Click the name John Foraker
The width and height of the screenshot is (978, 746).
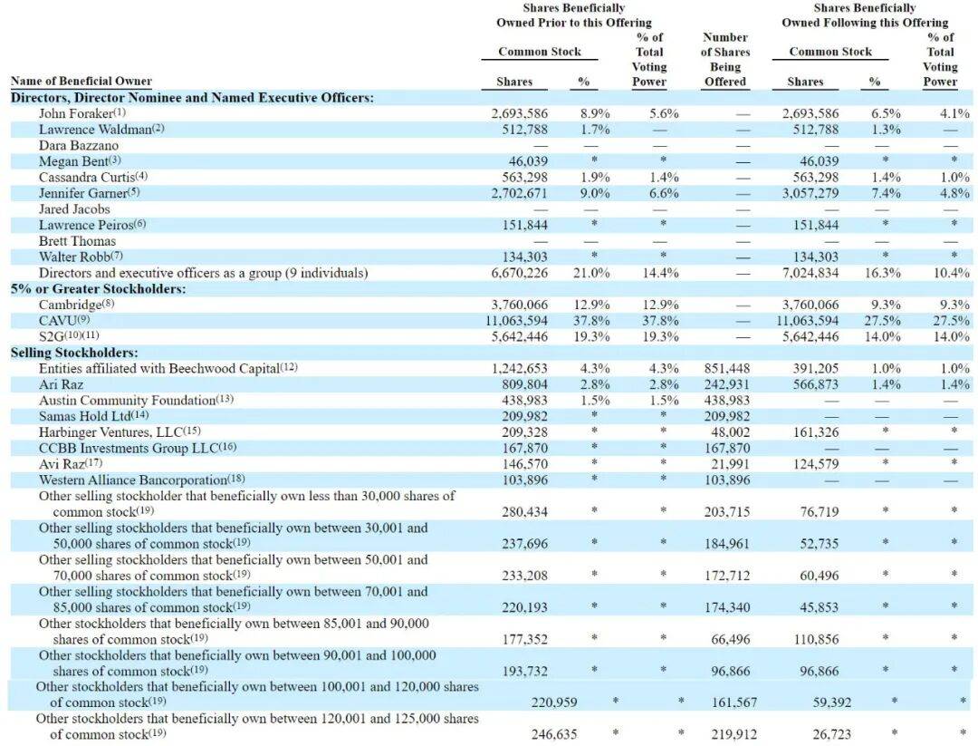pyautogui.click(x=75, y=113)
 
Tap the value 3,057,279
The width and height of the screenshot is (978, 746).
pyautogui.click(x=810, y=193)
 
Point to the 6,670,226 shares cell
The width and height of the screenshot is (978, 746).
pyautogui.click(x=520, y=273)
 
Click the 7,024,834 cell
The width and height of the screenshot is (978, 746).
pyautogui.click(x=810, y=273)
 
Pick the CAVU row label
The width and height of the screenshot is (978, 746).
pyautogui.click(x=59, y=321)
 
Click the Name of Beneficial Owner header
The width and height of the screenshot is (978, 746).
pyautogui.click(x=81, y=82)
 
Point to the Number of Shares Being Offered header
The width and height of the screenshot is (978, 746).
pyautogui.click(x=725, y=60)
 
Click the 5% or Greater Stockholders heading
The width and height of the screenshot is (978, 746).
pyautogui.click(x=98, y=289)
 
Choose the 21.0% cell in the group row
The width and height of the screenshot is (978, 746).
pyautogui.click(x=591, y=273)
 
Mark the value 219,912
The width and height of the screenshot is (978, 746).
pyautogui.click(x=734, y=734)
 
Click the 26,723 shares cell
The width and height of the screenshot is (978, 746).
pyautogui.click(x=829, y=734)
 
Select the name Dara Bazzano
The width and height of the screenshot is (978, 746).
pyautogui.click(x=78, y=145)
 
